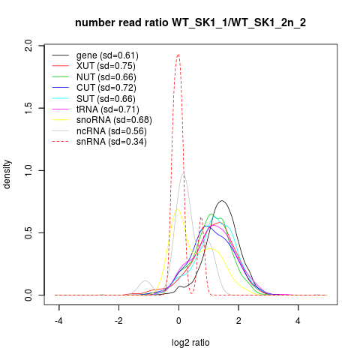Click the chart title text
[x=190, y=23]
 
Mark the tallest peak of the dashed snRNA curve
[x=178, y=54]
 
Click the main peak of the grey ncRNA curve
[x=184, y=173]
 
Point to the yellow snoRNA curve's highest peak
[x=178, y=209]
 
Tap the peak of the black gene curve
[x=222, y=200]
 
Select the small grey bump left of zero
[x=145, y=280]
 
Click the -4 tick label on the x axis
[x=58, y=321]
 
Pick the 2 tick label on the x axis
[x=238, y=321]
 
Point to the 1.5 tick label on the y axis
[x=28, y=108]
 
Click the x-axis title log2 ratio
[x=190, y=343]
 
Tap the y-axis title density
[x=7, y=174]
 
